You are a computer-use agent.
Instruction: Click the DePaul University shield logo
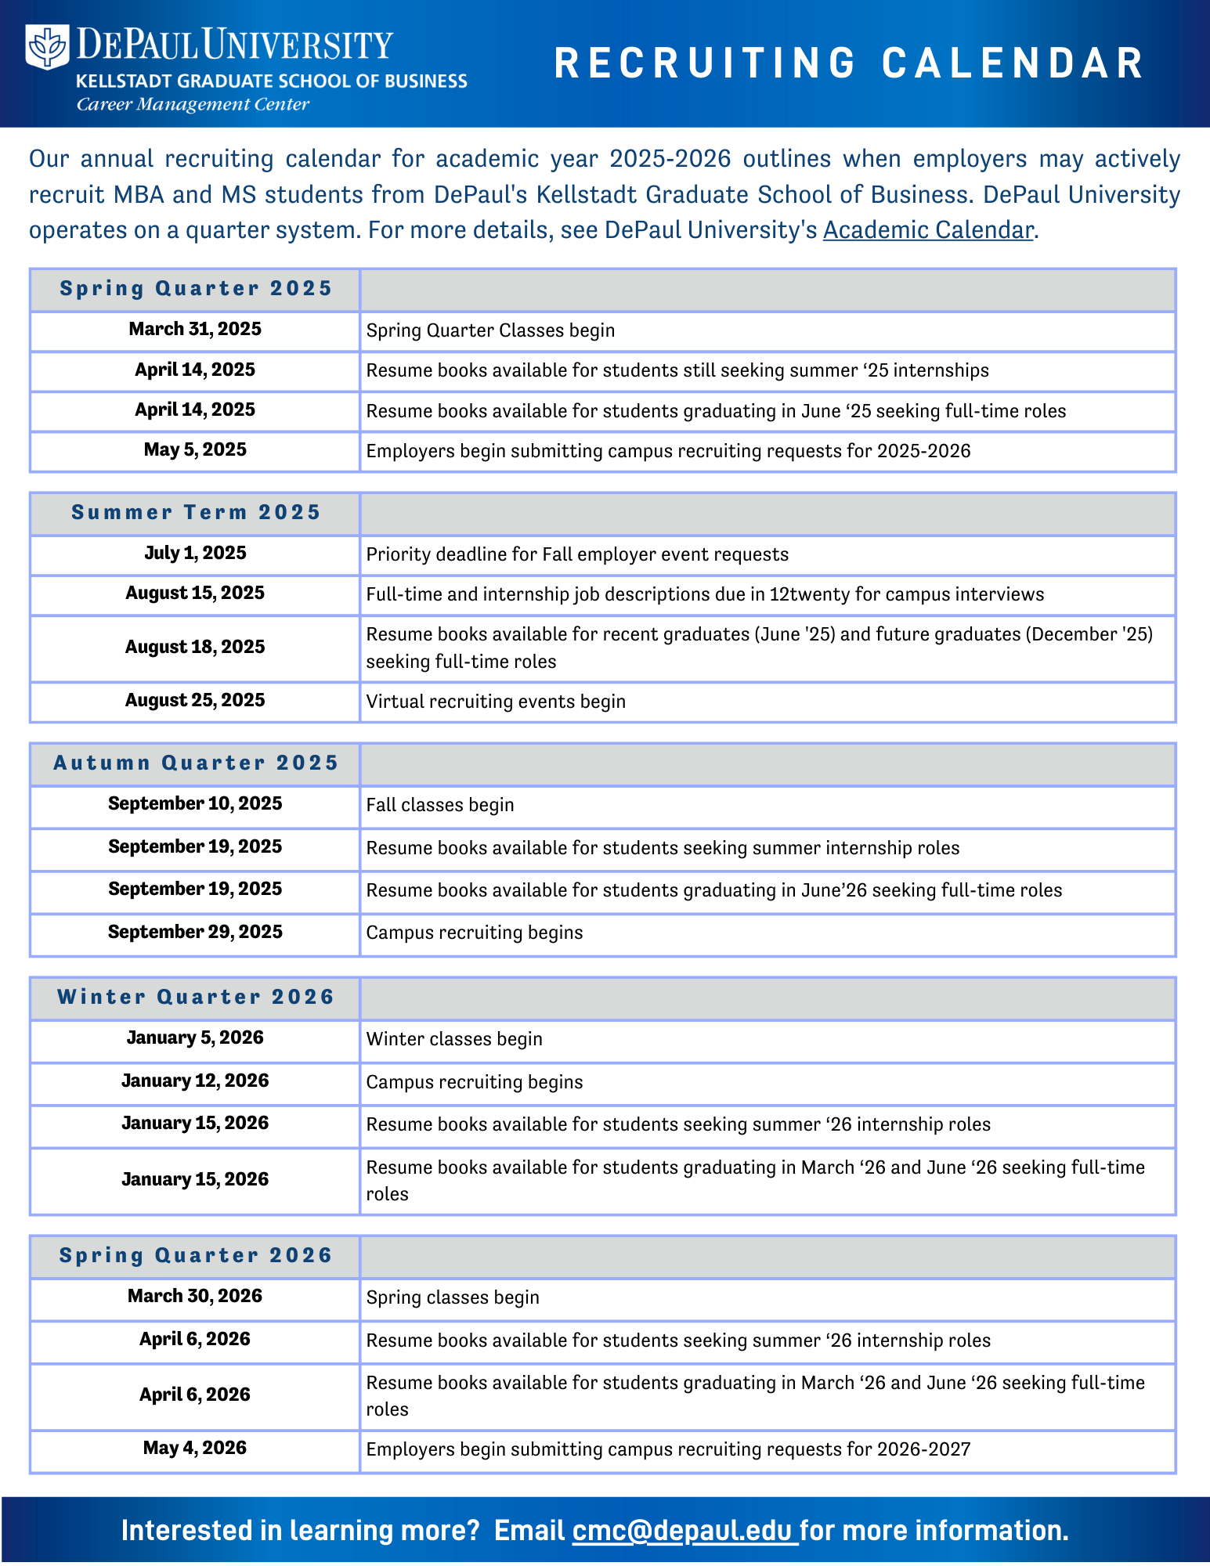(48, 46)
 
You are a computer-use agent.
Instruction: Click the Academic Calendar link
(928, 230)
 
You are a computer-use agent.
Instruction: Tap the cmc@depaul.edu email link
(684, 1530)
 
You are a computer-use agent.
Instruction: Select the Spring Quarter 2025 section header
(196, 289)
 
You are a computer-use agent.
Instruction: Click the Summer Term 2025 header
(196, 513)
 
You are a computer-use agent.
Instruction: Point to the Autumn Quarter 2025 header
(196, 763)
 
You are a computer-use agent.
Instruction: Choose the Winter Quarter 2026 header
(196, 998)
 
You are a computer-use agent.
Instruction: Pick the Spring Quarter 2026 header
(196, 1256)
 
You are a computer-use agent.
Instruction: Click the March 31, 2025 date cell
(195, 330)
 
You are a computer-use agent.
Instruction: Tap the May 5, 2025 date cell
(195, 450)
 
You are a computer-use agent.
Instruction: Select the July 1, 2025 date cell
(195, 554)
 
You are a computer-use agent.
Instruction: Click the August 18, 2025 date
(195, 648)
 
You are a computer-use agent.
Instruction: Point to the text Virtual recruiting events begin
(496, 702)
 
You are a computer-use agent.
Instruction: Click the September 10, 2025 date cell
(195, 804)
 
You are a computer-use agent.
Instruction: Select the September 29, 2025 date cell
(195, 933)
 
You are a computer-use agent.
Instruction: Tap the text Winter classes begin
(454, 1039)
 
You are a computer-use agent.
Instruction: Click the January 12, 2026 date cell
(195, 1081)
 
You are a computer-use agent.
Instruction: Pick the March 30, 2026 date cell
(195, 1297)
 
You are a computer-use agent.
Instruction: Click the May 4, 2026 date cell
(195, 1449)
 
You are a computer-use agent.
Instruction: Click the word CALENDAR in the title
(1013, 63)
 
